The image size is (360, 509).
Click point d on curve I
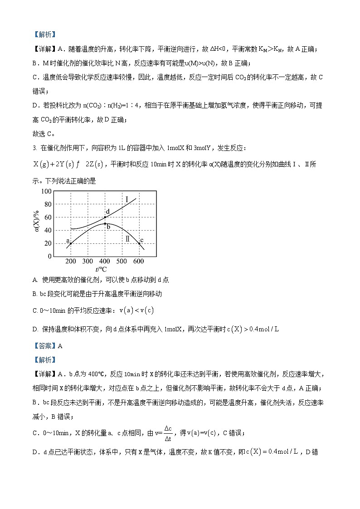[x=105, y=217]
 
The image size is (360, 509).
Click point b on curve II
[x=105, y=223]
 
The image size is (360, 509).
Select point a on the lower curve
[x=71, y=243]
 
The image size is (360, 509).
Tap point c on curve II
[x=139, y=243]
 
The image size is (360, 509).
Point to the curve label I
[x=127, y=199]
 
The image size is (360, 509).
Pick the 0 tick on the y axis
[x=50, y=257]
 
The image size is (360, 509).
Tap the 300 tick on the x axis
[x=88, y=262]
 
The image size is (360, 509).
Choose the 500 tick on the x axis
[x=122, y=262]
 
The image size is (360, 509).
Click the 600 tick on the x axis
[x=139, y=262]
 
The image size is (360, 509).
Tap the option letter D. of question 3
[x=36, y=329]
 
